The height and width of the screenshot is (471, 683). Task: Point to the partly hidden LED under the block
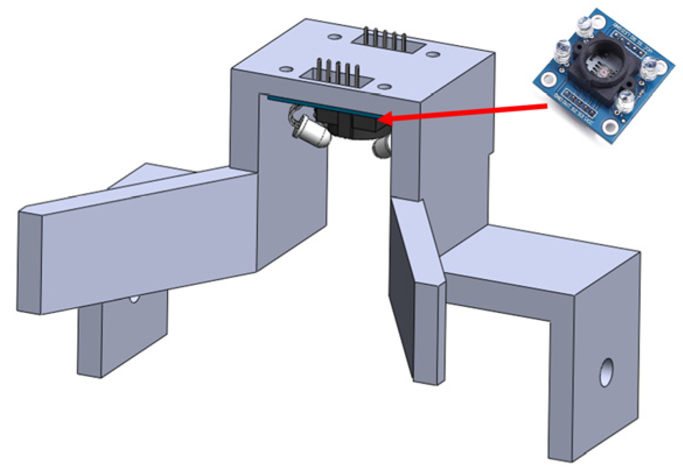[x=382, y=147]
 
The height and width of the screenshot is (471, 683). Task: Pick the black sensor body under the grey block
[x=344, y=124]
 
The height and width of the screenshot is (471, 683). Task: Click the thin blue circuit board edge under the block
[x=292, y=103]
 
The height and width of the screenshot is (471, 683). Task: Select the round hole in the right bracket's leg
[x=607, y=372]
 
